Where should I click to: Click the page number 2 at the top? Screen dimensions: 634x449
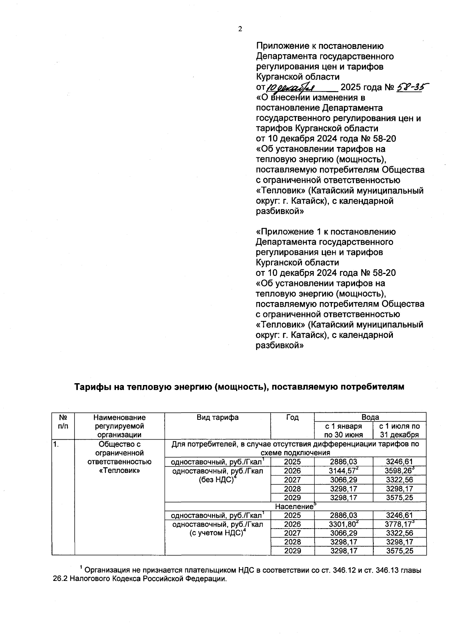(x=240, y=30)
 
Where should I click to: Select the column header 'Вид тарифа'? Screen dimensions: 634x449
(x=217, y=418)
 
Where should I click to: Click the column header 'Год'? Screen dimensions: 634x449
(x=292, y=418)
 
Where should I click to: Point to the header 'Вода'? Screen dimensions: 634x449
(x=370, y=417)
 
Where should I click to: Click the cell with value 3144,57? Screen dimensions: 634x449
(x=343, y=471)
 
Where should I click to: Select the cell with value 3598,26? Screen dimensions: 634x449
(x=399, y=471)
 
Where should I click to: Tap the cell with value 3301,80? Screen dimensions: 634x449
(x=343, y=524)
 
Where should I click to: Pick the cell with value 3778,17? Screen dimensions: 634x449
(x=399, y=524)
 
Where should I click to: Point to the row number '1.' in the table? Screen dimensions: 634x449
(x=56, y=444)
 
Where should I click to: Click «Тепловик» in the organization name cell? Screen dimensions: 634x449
(x=119, y=471)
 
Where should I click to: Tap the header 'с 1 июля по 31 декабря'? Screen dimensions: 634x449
(x=400, y=430)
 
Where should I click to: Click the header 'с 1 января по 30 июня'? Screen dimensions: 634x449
(x=343, y=430)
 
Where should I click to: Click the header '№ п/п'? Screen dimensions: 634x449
(x=63, y=422)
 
